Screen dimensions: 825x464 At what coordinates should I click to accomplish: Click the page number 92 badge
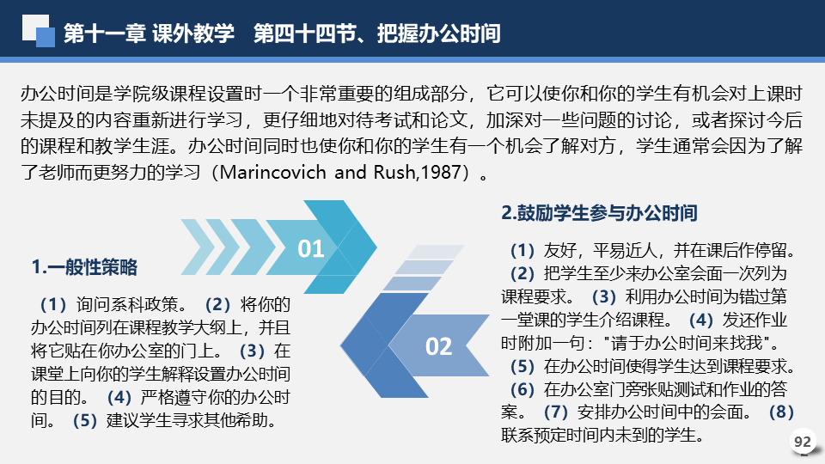point(803,442)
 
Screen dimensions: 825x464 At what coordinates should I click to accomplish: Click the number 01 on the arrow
point(310,249)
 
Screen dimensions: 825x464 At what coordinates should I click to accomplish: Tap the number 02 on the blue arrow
point(439,346)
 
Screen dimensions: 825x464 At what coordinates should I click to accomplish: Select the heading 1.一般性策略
point(84,267)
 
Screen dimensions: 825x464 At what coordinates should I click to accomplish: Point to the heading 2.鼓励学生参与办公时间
point(599,213)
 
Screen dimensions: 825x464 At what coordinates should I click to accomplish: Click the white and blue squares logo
point(39,31)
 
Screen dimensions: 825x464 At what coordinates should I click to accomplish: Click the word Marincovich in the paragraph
point(272,172)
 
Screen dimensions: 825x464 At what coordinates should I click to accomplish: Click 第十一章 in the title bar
point(105,34)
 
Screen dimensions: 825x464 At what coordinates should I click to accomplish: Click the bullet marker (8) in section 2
point(781,412)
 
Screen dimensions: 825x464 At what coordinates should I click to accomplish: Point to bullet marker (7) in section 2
point(556,412)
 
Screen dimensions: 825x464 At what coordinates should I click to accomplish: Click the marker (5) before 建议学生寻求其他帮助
point(85,420)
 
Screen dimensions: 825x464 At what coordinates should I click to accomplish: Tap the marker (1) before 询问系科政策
point(53,304)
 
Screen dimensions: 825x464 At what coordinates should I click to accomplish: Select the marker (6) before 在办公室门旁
point(522,389)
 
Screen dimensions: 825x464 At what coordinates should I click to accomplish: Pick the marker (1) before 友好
point(522,250)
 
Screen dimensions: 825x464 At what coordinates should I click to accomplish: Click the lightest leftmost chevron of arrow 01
point(198,247)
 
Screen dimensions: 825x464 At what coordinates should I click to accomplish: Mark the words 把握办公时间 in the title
point(439,34)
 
